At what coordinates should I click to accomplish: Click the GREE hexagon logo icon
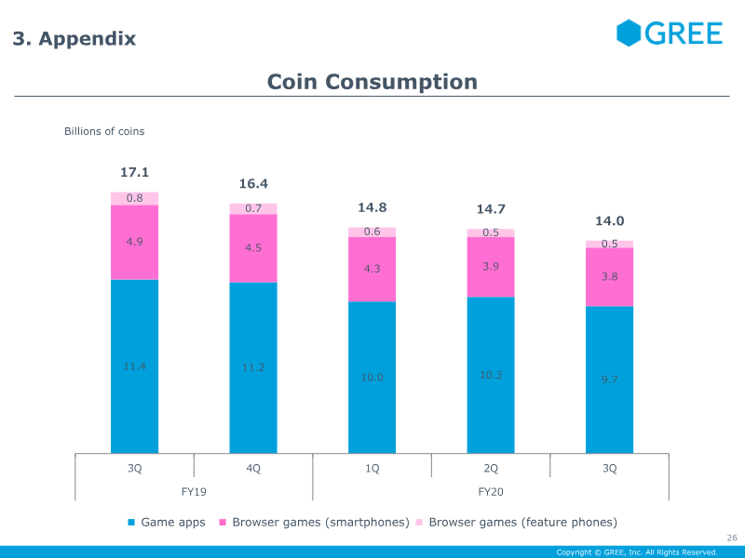(x=629, y=33)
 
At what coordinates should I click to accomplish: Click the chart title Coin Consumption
(x=372, y=82)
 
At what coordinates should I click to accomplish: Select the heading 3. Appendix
(x=74, y=38)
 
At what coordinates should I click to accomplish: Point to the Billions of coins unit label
(x=104, y=131)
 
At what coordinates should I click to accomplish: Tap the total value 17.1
(x=134, y=172)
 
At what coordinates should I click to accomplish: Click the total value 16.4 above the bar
(x=253, y=183)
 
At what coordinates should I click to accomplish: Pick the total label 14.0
(x=610, y=220)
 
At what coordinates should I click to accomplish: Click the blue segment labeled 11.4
(x=134, y=366)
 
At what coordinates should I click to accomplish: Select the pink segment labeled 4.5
(x=253, y=248)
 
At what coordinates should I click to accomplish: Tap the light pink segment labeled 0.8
(x=134, y=198)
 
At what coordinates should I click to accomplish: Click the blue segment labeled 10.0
(x=372, y=378)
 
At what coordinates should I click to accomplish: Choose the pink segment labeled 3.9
(x=491, y=267)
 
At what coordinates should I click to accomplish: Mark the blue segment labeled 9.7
(x=610, y=379)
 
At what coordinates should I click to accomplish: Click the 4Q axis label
(x=253, y=469)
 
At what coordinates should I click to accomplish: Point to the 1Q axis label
(x=372, y=469)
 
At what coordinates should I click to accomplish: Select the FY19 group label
(x=194, y=492)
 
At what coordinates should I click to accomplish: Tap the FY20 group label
(x=491, y=492)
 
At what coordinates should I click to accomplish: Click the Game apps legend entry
(x=167, y=523)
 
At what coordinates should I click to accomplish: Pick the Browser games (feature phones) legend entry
(x=517, y=523)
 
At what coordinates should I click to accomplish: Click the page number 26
(x=732, y=538)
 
